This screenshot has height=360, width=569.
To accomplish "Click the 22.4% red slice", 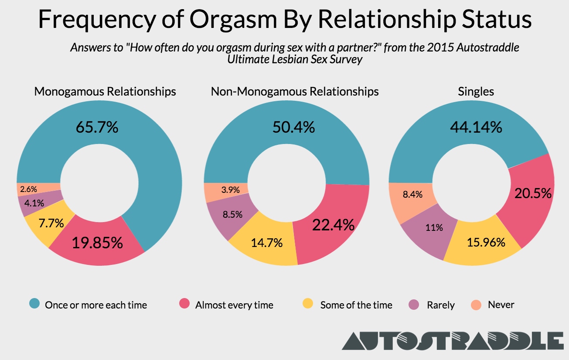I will coord(333,225).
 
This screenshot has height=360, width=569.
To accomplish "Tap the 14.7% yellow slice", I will coord(267,242).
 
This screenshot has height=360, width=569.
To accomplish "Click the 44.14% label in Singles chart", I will coord(476,127).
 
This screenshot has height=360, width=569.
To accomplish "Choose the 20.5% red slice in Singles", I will coord(533,193).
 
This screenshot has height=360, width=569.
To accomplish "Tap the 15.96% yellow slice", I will coord(485,242).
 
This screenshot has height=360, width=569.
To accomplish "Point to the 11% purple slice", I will coord(435,227).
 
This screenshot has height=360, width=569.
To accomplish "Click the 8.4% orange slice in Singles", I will coord(412,195).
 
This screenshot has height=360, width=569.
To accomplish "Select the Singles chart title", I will coord(476,91).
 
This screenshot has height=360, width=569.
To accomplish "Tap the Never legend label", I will coord(501,305).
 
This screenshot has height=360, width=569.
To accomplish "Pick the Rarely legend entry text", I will coord(441,305).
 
